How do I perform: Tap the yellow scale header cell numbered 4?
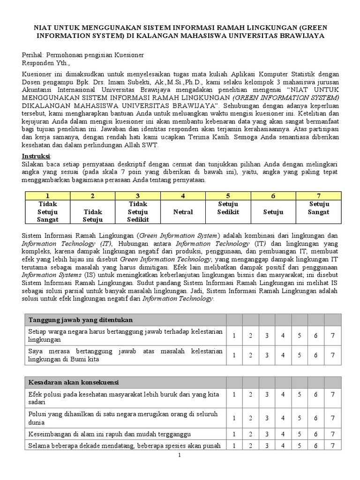pyautogui.click(x=183, y=195)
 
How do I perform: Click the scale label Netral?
pyautogui.click(x=183, y=212)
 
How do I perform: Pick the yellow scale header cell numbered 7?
pyautogui.click(x=319, y=195)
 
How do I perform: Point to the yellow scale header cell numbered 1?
pyautogui.click(x=46, y=195)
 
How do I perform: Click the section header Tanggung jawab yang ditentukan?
pyautogui.click(x=81, y=320)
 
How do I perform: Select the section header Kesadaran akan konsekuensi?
pyautogui.click(x=74, y=382)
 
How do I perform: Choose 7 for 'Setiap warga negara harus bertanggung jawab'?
pyautogui.click(x=332, y=335)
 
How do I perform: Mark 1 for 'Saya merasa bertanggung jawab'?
pyautogui.click(x=234, y=355)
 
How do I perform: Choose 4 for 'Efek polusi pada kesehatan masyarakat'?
pyautogui.click(x=283, y=398)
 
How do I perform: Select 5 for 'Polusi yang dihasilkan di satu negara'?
pyautogui.click(x=300, y=418)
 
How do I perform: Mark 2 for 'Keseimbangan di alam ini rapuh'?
pyautogui.click(x=250, y=434)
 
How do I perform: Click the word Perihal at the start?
pyautogui.click(x=33, y=55)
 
